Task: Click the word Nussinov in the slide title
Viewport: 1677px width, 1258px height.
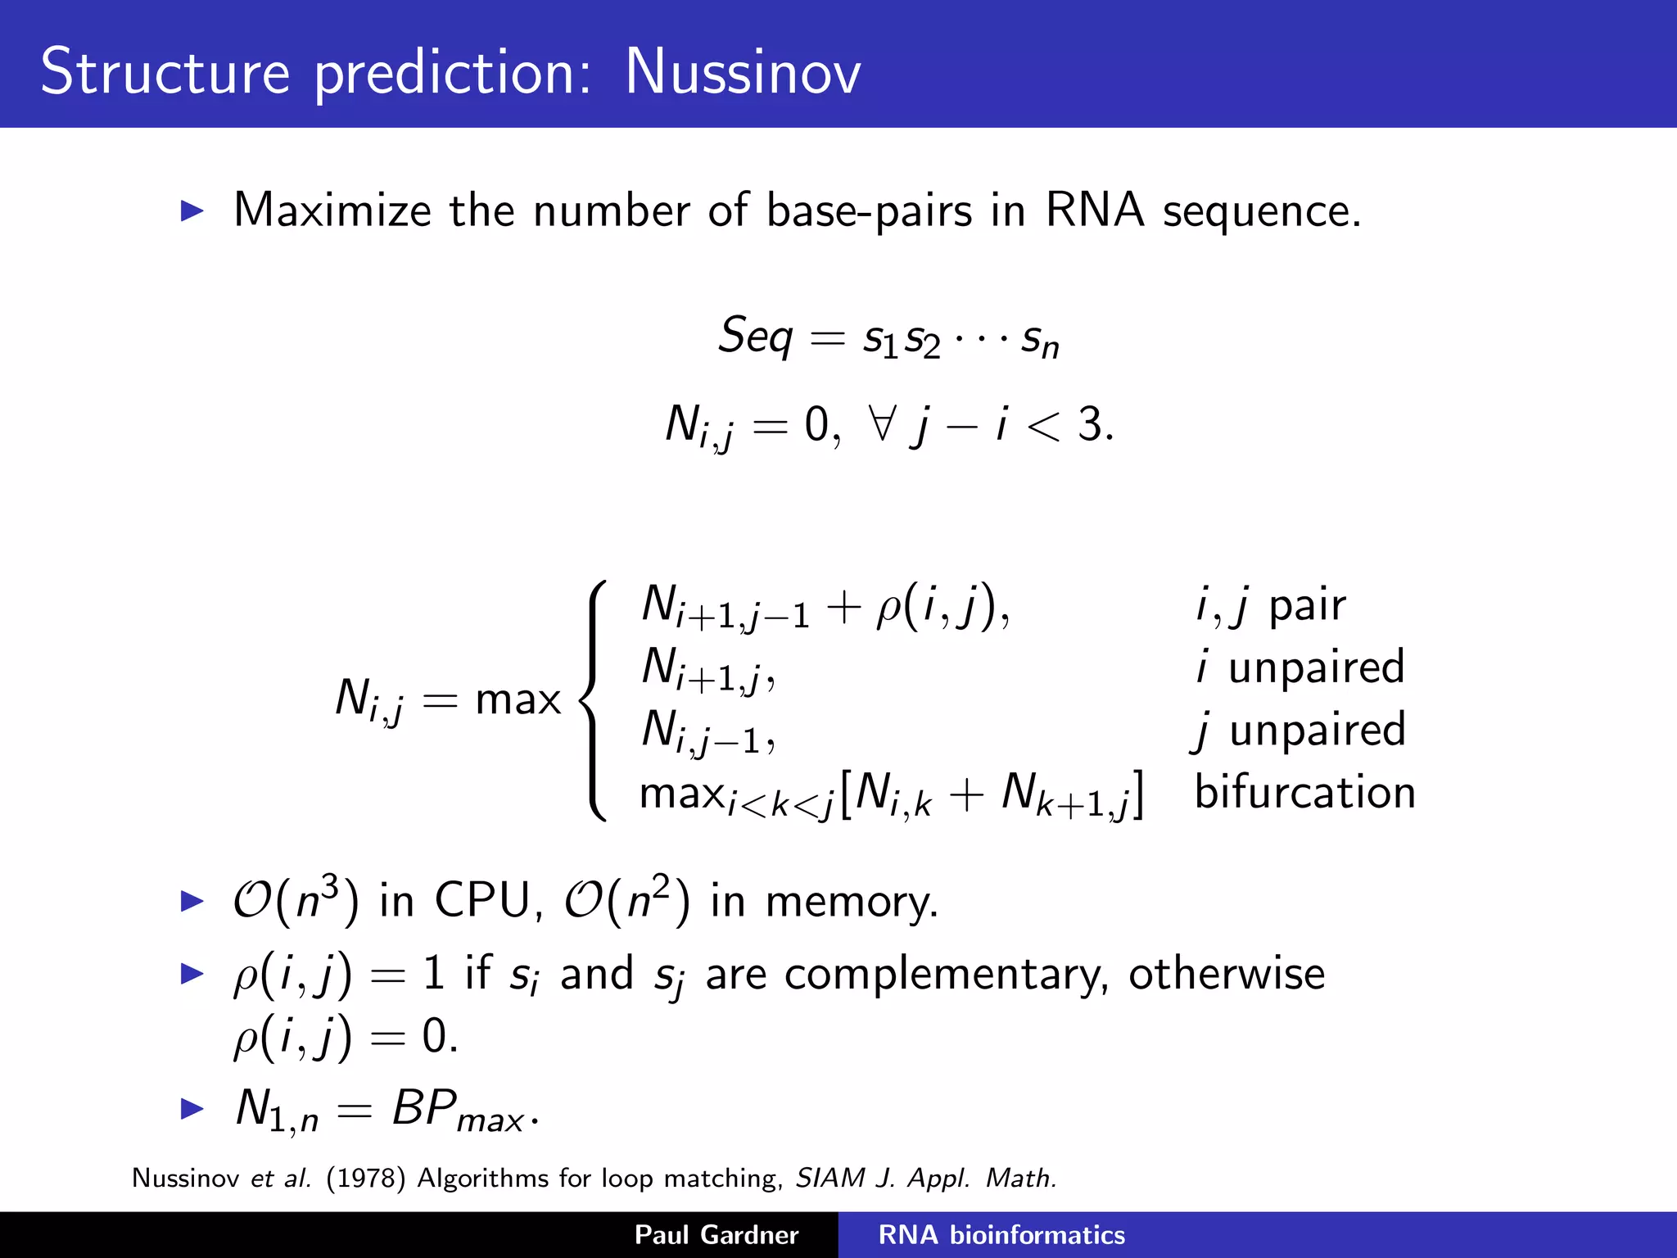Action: pos(742,72)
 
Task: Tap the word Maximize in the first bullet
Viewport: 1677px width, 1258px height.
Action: pos(332,210)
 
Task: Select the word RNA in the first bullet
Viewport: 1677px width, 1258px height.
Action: pos(1094,210)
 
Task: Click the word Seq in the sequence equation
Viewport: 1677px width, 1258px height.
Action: pos(755,336)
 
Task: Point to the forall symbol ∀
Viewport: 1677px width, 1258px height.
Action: pos(882,423)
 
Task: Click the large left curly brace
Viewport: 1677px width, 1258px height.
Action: pos(594,699)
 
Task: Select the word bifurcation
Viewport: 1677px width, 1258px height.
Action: pos(1304,792)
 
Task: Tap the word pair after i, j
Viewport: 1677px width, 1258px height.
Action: pos(1307,606)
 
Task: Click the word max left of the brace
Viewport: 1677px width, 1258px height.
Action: pos(518,699)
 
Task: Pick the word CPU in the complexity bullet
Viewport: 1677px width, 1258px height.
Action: pos(482,901)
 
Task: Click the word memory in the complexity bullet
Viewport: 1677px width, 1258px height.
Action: pos(851,901)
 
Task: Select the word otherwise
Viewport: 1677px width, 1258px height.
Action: pos(1226,974)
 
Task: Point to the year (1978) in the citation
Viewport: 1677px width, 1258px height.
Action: pos(365,1178)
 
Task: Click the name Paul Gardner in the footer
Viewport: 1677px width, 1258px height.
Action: pos(716,1234)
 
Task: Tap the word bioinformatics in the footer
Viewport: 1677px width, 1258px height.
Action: pos(1037,1234)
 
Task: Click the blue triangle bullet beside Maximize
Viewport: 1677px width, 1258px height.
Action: pos(192,211)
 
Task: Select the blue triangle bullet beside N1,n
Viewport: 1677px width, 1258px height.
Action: pos(192,1109)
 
